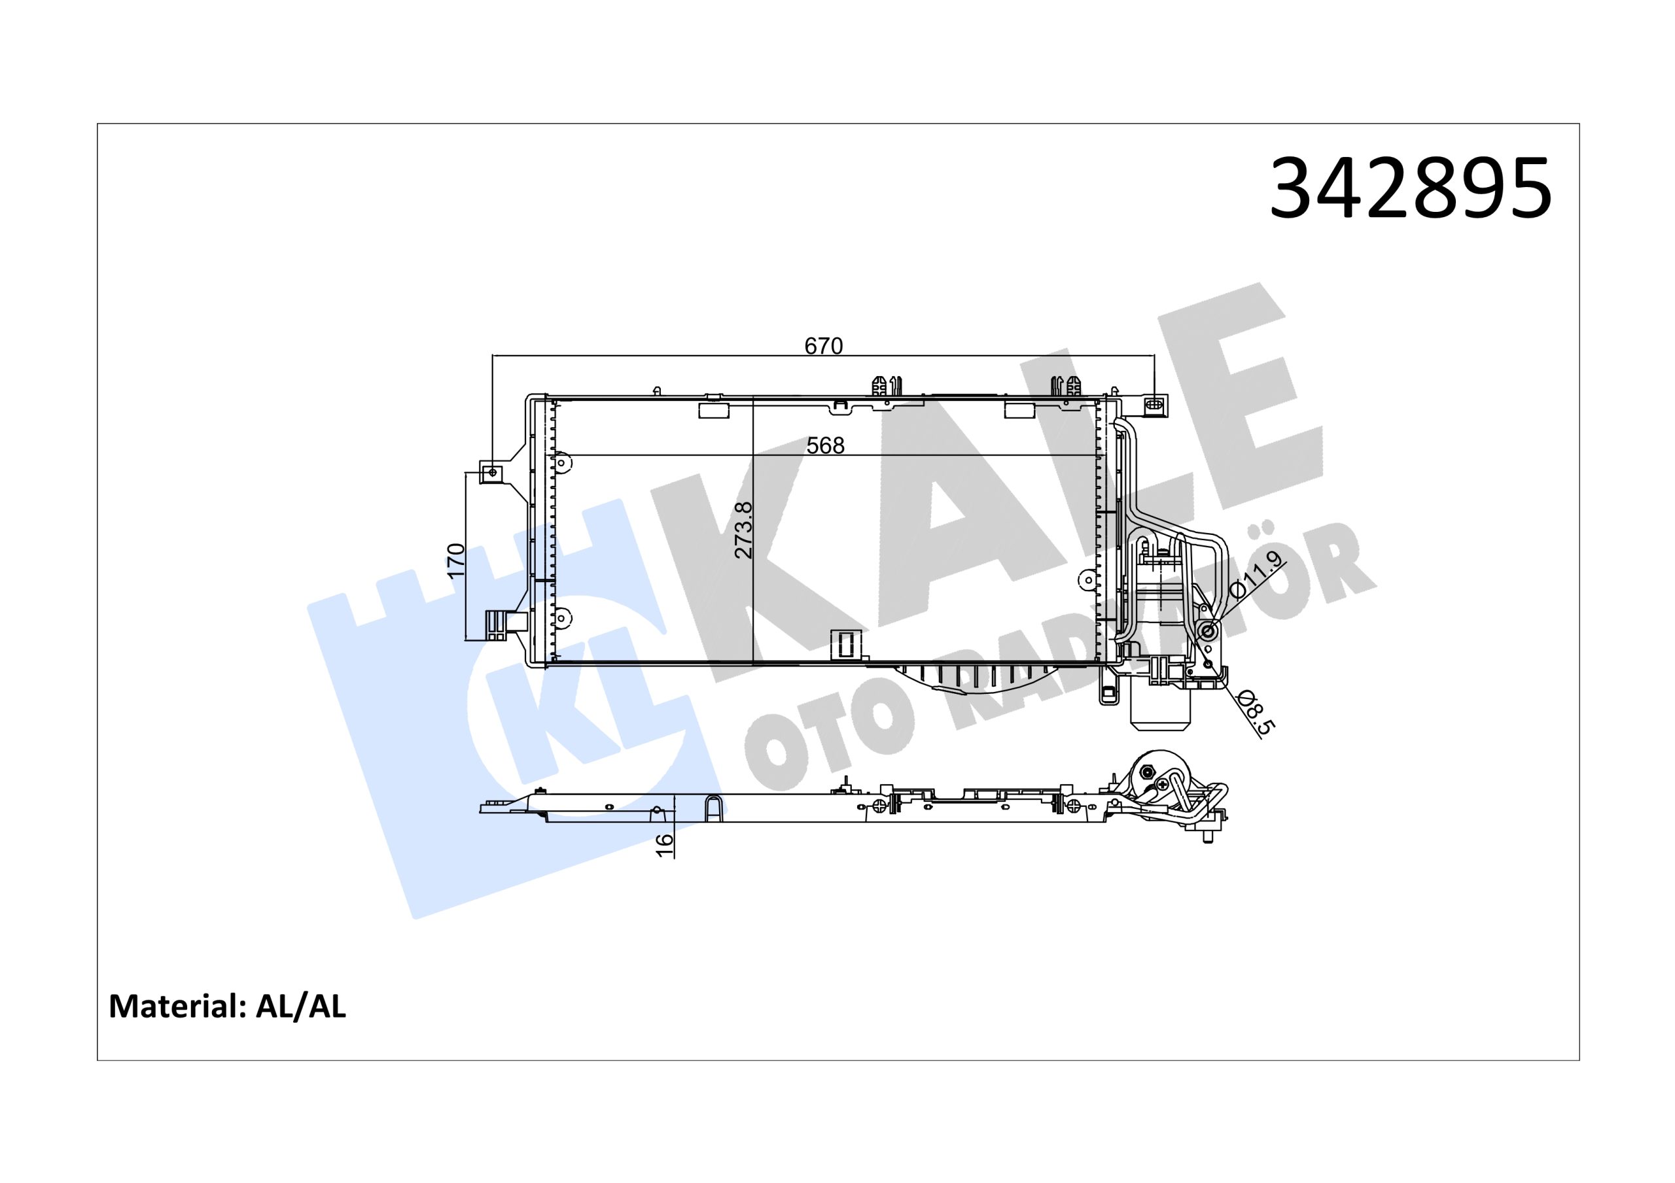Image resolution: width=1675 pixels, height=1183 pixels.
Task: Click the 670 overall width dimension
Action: pyautogui.click(x=823, y=346)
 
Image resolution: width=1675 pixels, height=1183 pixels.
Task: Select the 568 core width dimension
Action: pyautogui.click(x=825, y=445)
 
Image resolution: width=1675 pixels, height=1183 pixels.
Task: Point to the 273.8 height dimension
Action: pyautogui.click(x=743, y=530)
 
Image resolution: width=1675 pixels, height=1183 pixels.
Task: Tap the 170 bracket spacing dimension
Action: pyautogui.click(x=456, y=560)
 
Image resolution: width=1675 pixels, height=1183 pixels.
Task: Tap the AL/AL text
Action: pyautogui.click(x=301, y=1006)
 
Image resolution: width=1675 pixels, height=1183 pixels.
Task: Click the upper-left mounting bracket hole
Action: pyautogui.click(x=493, y=473)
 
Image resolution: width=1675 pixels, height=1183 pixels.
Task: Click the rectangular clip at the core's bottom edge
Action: pyautogui.click(x=846, y=645)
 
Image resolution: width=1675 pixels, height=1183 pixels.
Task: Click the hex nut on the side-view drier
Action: pyautogui.click(x=1148, y=772)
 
